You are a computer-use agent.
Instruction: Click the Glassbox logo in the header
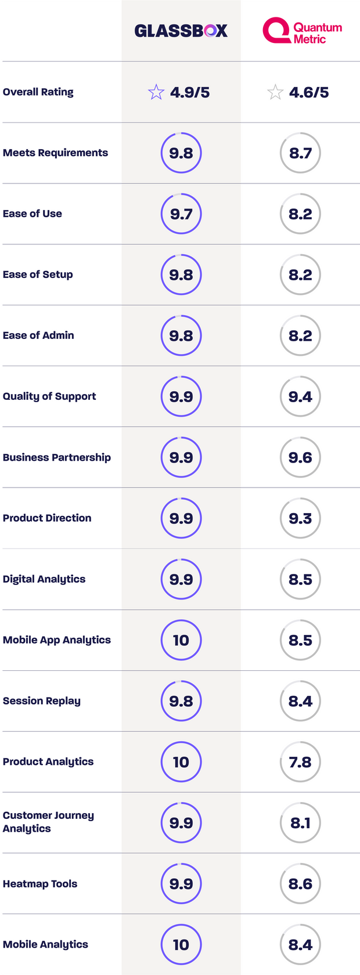click(181, 31)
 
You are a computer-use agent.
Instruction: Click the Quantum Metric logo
click(302, 31)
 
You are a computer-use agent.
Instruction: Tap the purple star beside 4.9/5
click(156, 92)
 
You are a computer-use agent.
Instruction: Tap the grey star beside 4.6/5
click(275, 92)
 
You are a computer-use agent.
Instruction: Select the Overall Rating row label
click(38, 92)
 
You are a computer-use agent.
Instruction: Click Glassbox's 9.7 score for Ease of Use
click(181, 214)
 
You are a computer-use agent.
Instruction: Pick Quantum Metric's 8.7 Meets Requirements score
click(300, 153)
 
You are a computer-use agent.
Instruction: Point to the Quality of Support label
click(49, 396)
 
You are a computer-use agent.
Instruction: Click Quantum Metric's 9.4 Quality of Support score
click(300, 396)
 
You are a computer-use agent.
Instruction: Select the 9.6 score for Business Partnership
click(300, 457)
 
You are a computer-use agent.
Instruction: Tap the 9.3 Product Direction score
click(300, 518)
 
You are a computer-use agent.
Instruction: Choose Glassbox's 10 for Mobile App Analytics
click(181, 640)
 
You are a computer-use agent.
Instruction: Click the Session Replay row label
click(42, 700)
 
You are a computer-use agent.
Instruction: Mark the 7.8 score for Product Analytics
click(300, 762)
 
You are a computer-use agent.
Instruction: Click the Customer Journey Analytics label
click(48, 822)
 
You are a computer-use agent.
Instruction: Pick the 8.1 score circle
click(300, 823)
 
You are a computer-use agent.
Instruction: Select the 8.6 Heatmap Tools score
click(300, 884)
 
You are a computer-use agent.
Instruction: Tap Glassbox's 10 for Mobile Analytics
click(181, 945)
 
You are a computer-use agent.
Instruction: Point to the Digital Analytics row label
click(44, 579)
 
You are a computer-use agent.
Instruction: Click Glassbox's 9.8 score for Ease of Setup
click(181, 275)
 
